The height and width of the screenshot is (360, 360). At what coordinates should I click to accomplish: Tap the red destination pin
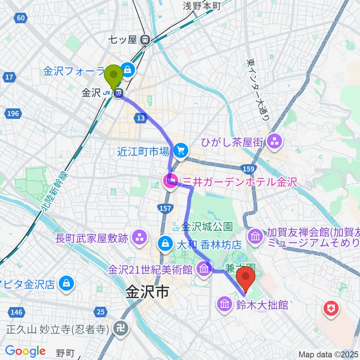click(246, 276)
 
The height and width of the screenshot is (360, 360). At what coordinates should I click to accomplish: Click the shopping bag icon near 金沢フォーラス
click(128, 69)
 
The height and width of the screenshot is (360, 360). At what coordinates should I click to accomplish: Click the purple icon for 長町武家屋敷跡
click(139, 237)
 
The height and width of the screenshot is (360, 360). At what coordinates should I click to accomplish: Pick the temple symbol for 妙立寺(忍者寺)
click(121, 328)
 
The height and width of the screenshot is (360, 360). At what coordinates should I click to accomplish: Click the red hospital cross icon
click(331, 309)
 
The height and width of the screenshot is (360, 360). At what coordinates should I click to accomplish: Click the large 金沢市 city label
click(147, 292)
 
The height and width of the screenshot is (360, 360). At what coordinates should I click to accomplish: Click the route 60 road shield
click(21, 18)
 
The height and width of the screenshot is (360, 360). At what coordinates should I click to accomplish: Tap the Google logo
click(25, 351)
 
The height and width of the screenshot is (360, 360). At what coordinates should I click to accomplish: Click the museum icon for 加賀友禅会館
click(256, 236)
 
